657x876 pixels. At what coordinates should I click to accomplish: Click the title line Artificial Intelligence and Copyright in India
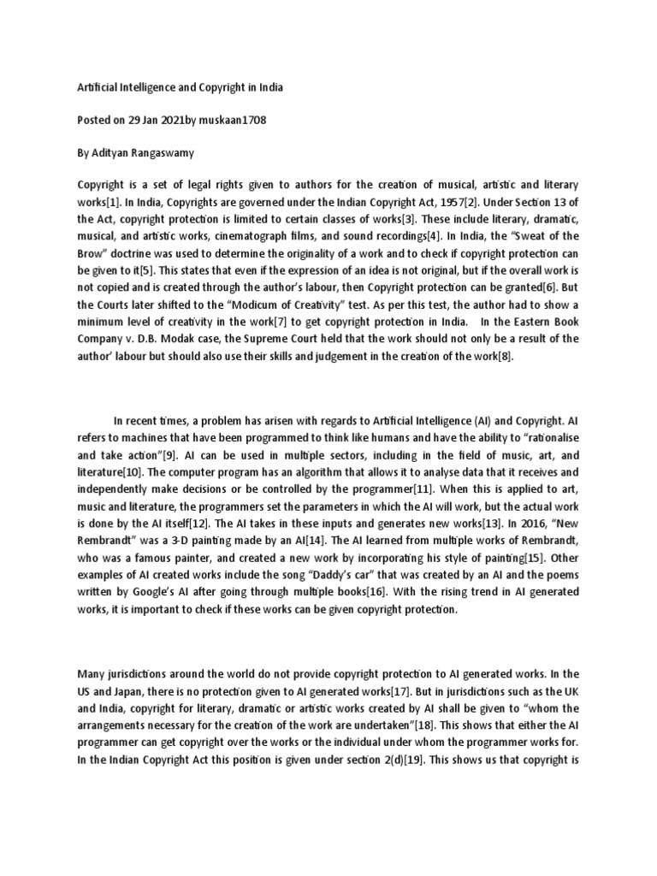[x=181, y=87]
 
